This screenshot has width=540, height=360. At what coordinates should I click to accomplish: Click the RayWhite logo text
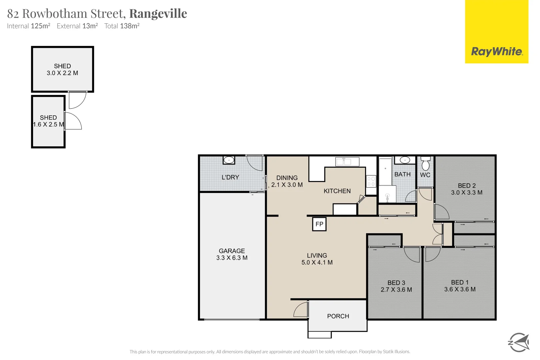tap(496, 52)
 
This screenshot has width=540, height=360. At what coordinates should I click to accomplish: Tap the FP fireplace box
tap(319, 224)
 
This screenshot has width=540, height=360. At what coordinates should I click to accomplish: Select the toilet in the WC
tap(425, 164)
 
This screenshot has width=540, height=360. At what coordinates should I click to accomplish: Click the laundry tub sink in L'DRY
tap(229, 160)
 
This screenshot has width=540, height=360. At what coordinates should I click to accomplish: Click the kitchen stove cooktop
tap(371, 181)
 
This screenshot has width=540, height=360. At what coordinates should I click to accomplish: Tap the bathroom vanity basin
tap(405, 160)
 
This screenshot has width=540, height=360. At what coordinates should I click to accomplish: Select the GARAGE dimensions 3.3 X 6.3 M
tap(232, 258)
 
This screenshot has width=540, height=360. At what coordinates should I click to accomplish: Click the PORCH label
tap(338, 316)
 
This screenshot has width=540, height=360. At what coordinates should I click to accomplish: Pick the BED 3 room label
tap(396, 283)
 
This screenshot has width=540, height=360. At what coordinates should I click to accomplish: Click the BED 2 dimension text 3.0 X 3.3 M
tap(467, 193)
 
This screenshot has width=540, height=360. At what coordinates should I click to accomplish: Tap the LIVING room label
tap(317, 255)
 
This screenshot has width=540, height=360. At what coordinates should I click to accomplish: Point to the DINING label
tap(287, 178)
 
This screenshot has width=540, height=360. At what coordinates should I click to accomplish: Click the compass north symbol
tap(519, 342)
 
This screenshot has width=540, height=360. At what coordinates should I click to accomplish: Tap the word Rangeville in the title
tap(158, 14)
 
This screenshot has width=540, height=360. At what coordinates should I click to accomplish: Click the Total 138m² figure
tap(122, 26)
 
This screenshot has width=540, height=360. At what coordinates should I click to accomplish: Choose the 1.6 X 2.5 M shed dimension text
tap(48, 125)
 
